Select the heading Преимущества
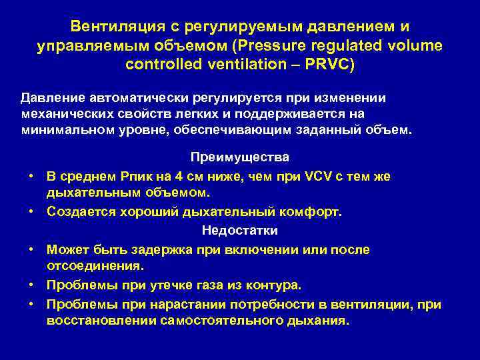pos(240,158)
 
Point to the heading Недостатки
pos(240,231)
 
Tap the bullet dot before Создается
pos(32,212)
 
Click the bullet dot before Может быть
pos(32,249)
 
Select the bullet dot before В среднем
pos(32,176)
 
